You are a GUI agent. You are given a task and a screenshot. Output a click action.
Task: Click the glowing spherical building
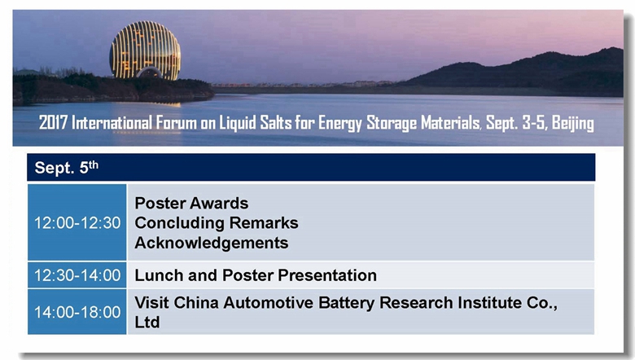click(x=145, y=50)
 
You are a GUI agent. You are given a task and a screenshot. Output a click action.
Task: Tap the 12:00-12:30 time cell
click(x=77, y=222)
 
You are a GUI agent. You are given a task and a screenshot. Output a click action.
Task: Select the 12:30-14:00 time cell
click(x=77, y=275)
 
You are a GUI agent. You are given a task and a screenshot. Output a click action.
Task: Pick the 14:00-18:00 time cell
click(x=77, y=312)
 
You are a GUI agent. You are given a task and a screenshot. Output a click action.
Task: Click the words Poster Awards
click(x=191, y=204)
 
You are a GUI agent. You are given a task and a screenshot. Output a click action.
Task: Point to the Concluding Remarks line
click(x=217, y=223)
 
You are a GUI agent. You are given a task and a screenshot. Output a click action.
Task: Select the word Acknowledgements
click(x=212, y=243)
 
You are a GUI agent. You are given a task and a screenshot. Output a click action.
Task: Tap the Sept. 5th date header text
click(x=67, y=167)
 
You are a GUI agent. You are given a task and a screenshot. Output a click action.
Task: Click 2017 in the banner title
click(x=53, y=123)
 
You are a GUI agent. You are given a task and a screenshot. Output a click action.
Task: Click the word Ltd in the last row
click(x=147, y=323)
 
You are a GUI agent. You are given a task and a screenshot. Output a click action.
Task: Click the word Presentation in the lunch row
click(x=327, y=275)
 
